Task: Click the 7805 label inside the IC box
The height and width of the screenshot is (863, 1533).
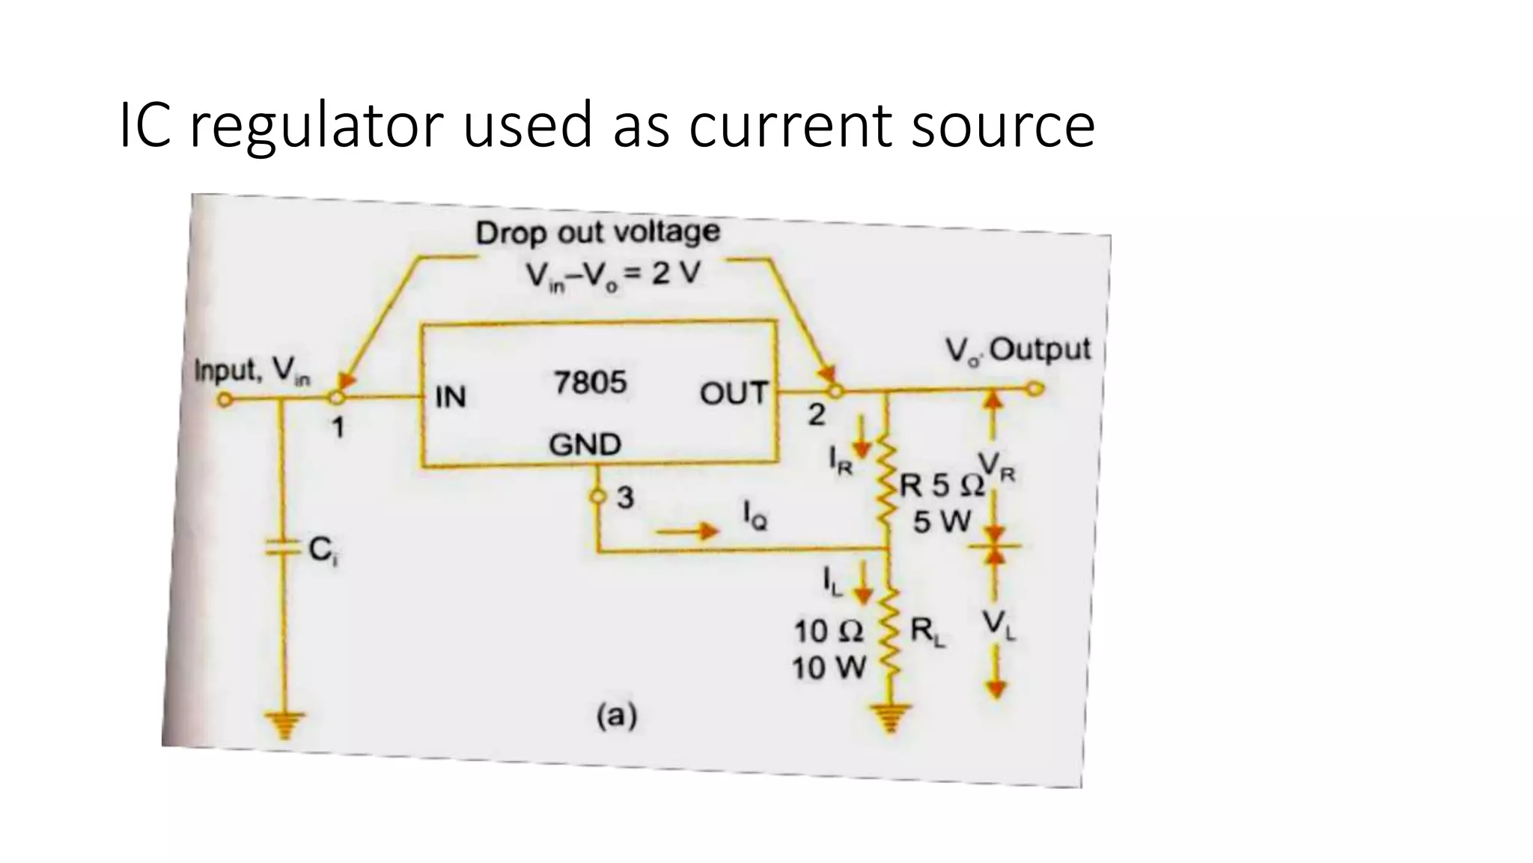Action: (x=590, y=384)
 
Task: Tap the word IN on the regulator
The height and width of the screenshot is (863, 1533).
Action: (x=451, y=397)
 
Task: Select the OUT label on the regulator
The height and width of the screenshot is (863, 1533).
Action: (x=734, y=393)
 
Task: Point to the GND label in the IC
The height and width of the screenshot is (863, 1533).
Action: (x=585, y=445)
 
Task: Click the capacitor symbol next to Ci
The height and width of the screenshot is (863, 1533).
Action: (x=283, y=550)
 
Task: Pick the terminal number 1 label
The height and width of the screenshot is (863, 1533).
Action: (x=338, y=428)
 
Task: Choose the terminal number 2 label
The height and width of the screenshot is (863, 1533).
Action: (x=816, y=415)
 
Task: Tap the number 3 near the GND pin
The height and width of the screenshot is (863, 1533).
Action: (x=625, y=497)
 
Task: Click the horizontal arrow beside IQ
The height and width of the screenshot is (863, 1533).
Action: (x=687, y=532)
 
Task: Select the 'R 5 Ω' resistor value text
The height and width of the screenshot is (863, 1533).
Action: (x=942, y=486)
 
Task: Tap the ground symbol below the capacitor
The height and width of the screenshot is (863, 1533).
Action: (x=284, y=725)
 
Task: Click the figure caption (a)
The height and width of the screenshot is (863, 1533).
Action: (x=616, y=717)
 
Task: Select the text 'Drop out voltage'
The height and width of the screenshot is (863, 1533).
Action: (x=597, y=232)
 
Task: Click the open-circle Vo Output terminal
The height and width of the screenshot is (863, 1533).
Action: (x=1034, y=389)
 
